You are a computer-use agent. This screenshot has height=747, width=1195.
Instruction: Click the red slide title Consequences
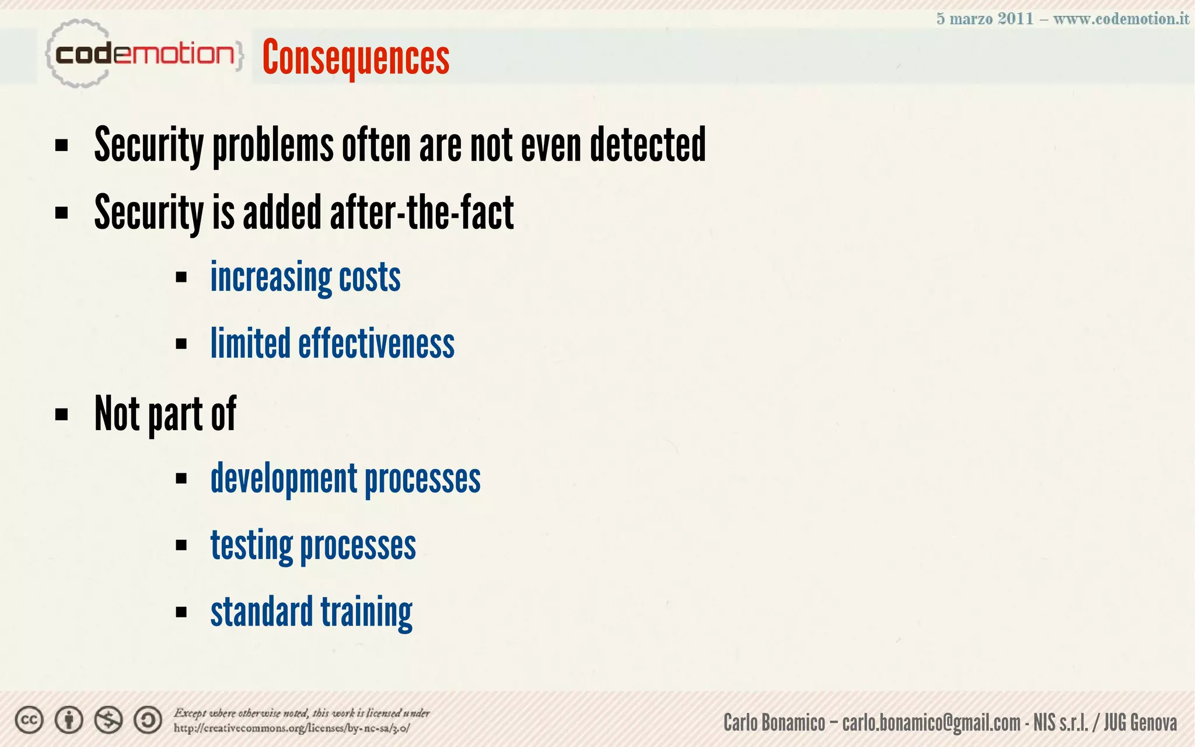click(355, 57)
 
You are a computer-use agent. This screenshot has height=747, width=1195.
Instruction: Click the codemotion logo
click(144, 54)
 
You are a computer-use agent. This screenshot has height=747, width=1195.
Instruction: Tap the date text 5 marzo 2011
click(984, 19)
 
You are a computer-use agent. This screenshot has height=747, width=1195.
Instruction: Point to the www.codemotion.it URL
click(1121, 19)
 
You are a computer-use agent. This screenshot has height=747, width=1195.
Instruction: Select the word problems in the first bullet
click(273, 146)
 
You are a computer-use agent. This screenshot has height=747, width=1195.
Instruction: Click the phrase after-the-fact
click(421, 212)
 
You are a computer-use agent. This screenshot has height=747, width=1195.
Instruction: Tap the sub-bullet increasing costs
click(305, 277)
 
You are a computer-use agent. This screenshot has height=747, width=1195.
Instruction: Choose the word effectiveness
click(376, 344)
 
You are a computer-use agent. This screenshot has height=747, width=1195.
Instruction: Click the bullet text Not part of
click(165, 414)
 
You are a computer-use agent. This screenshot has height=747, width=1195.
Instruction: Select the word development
click(284, 479)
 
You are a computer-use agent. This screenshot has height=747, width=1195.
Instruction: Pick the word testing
click(251, 546)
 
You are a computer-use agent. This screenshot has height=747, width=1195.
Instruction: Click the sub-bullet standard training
click(311, 612)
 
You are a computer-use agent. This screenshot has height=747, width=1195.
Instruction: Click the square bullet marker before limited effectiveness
click(181, 344)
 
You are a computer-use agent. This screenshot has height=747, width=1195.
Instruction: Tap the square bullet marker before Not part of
click(61, 415)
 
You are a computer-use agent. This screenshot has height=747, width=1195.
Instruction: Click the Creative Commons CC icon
click(29, 721)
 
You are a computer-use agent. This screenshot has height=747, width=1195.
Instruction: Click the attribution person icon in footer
click(69, 721)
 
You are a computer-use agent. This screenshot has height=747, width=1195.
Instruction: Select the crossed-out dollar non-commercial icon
click(109, 721)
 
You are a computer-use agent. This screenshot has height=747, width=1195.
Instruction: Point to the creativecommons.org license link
click(292, 728)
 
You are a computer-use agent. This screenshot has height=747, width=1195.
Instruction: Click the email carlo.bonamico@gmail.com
click(931, 723)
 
